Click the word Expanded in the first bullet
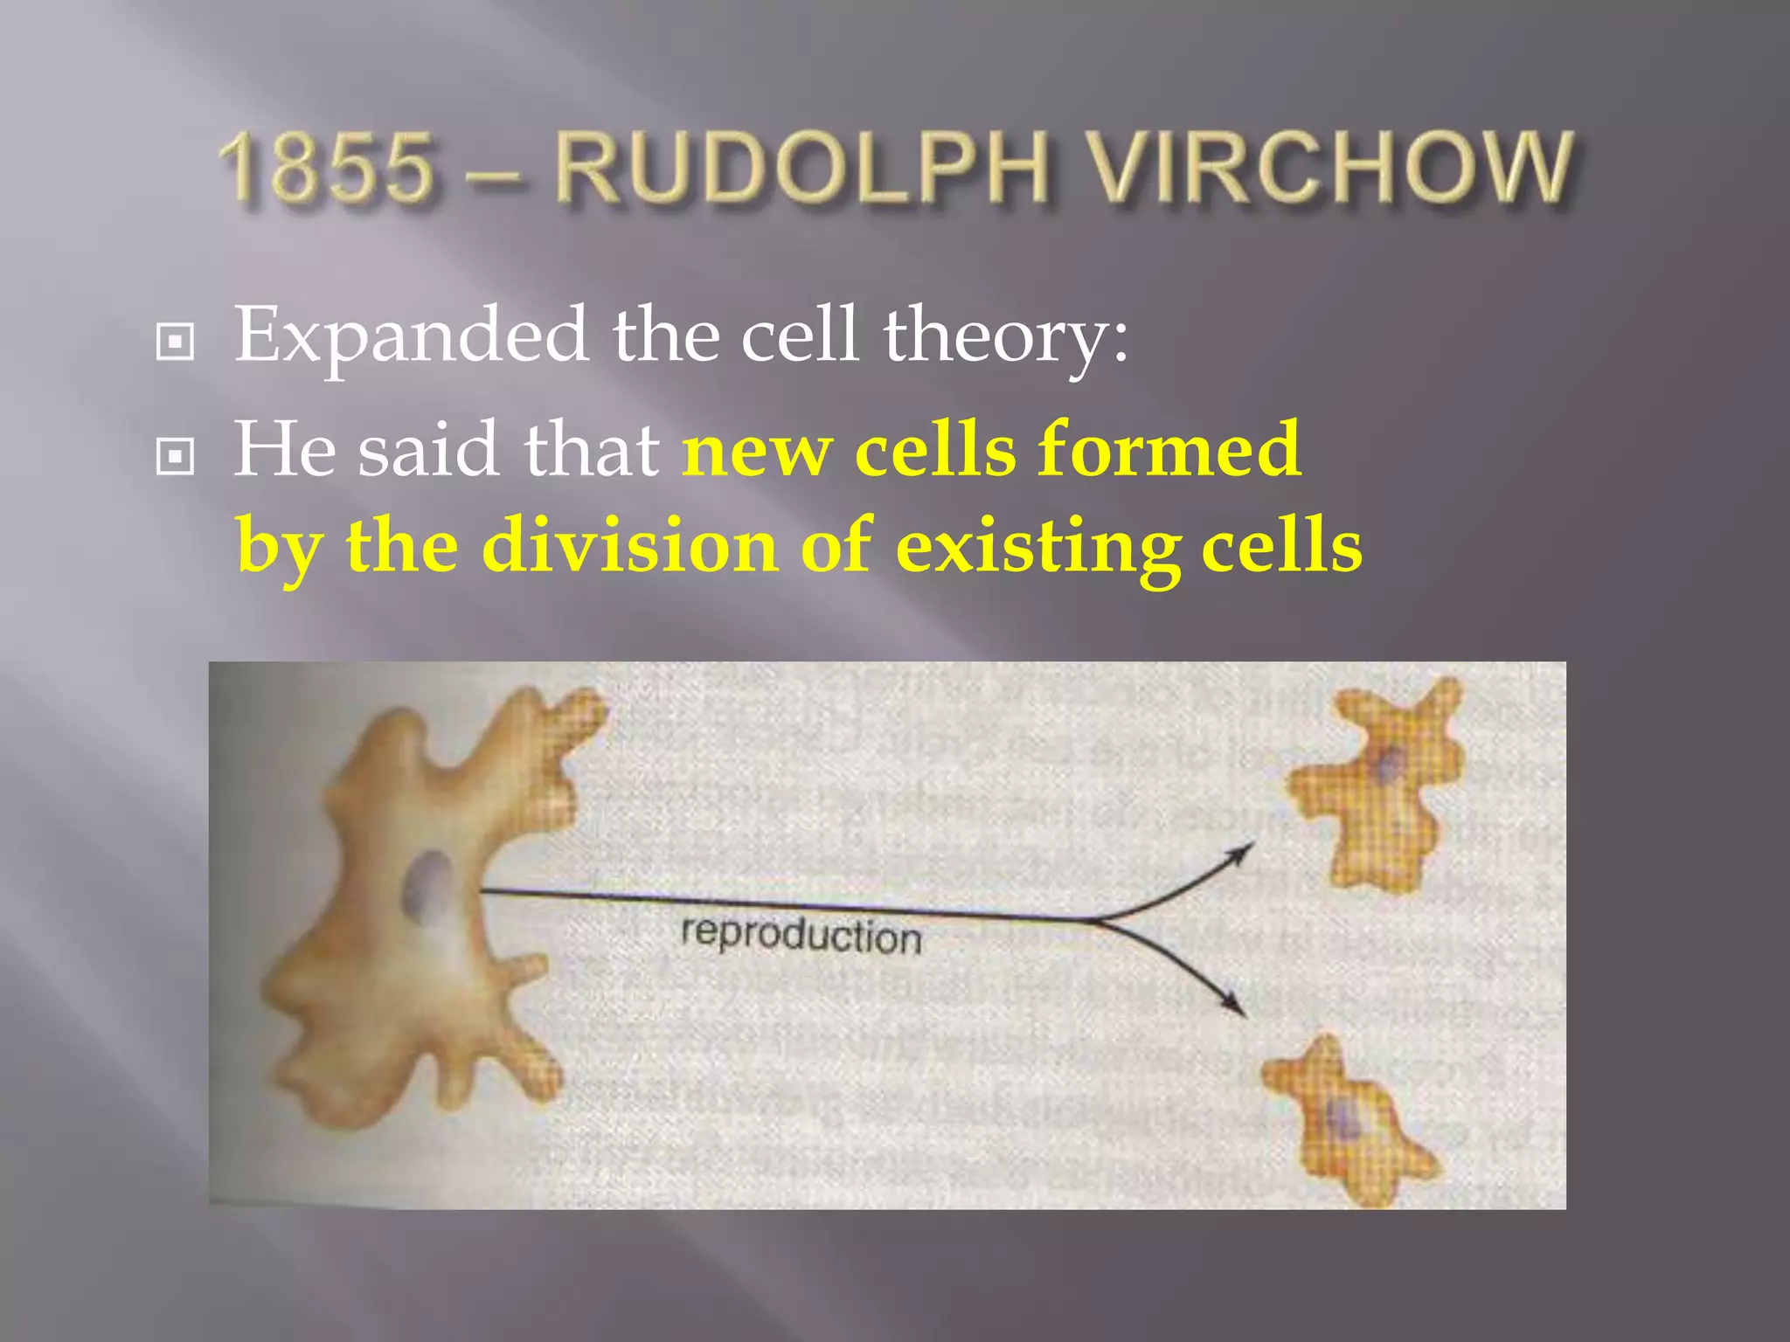point(411,336)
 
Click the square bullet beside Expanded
point(175,342)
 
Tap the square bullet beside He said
point(175,455)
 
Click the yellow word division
point(630,545)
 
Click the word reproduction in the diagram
point(801,936)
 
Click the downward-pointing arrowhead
point(1235,1006)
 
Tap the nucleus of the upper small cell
point(1388,767)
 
